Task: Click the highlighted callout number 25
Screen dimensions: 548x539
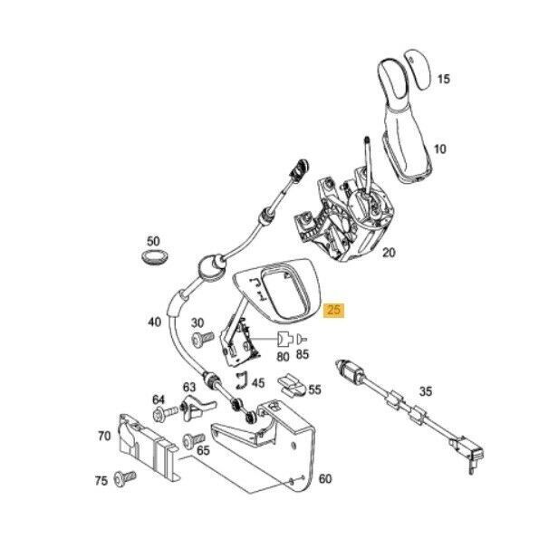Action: [x=333, y=310]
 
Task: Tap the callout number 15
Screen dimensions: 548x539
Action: [x=443, y=80]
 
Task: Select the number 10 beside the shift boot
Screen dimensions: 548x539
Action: [x=440, y=148]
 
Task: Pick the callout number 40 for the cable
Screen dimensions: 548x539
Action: [x=154, y=322]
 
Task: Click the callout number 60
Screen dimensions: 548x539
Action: [x=325, y=478]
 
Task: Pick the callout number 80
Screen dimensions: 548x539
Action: [x=283, y=356]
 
